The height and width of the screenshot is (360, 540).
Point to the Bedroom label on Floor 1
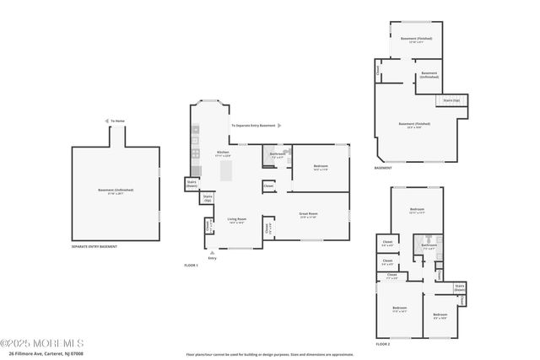click(320, 167)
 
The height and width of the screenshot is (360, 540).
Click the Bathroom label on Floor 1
click(278, 154)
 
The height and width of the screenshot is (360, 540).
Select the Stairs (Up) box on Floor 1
click(208, 198)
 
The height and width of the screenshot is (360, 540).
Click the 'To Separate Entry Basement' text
click(253, 126)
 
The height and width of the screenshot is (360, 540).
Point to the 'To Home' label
click(118, 121)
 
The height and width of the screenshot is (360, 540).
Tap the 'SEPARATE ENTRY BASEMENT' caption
click(94, 246)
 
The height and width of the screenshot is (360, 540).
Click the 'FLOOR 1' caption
click(192, 265)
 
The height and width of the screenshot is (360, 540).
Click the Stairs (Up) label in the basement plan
click(451, 100)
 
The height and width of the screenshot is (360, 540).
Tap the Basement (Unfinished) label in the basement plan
click(429, 75)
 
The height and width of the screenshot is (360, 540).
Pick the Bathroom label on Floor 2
click(429, 245)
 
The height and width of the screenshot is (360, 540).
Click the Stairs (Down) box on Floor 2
click(460, 287)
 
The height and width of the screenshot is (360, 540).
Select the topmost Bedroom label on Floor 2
click(417, 209)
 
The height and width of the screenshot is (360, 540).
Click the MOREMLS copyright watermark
click(42, 343)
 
